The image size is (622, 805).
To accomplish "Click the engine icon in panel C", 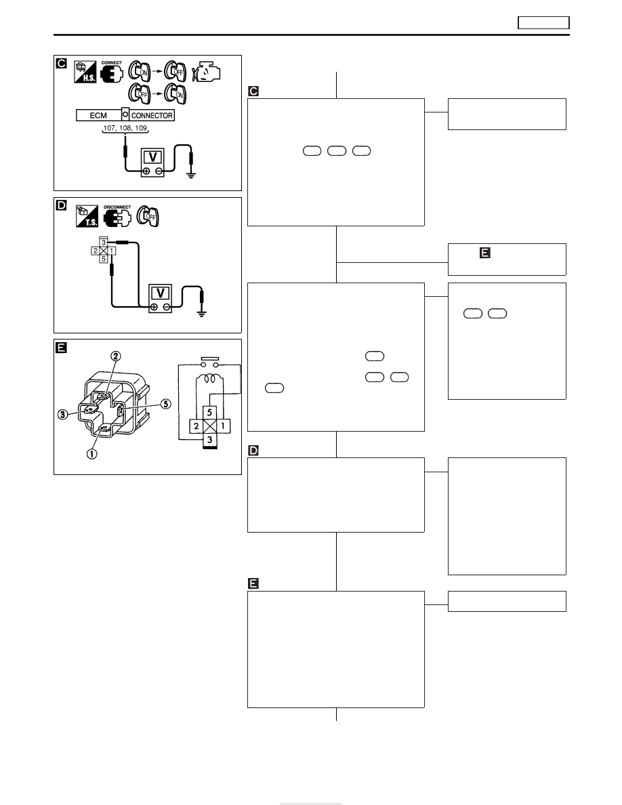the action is (x=206, y=73).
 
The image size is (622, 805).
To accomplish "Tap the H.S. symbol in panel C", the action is (x=85, y=73).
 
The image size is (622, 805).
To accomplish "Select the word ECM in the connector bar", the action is (x=98, y=115).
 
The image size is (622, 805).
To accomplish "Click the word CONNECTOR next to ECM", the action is (x=152, y=115).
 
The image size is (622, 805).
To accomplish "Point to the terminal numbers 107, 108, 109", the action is (x=125, y=128).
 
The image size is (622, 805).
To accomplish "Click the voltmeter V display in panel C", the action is (x=153, y=157).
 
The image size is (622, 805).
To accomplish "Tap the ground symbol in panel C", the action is (x=192, y=175).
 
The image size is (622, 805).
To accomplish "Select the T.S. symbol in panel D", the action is (x=86, y=216).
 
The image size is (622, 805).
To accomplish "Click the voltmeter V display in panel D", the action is (x=161, y=293).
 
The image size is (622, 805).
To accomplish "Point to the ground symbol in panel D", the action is (x=202, y=313).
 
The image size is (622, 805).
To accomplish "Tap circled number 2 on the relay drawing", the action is (x=117, y=356).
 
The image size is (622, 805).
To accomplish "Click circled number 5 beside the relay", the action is (x=166, y=404).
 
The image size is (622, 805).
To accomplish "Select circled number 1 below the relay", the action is (x=92, y=454).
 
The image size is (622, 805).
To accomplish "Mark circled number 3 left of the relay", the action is (x=62, y=414).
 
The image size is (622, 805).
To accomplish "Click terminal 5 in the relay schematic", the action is (x=209, y=412).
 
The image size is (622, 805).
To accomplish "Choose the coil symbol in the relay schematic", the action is (x=209, y=379).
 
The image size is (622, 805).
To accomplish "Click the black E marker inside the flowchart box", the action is (x=484, y=253).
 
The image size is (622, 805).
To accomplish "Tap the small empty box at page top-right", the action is (x=543, y=22).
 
